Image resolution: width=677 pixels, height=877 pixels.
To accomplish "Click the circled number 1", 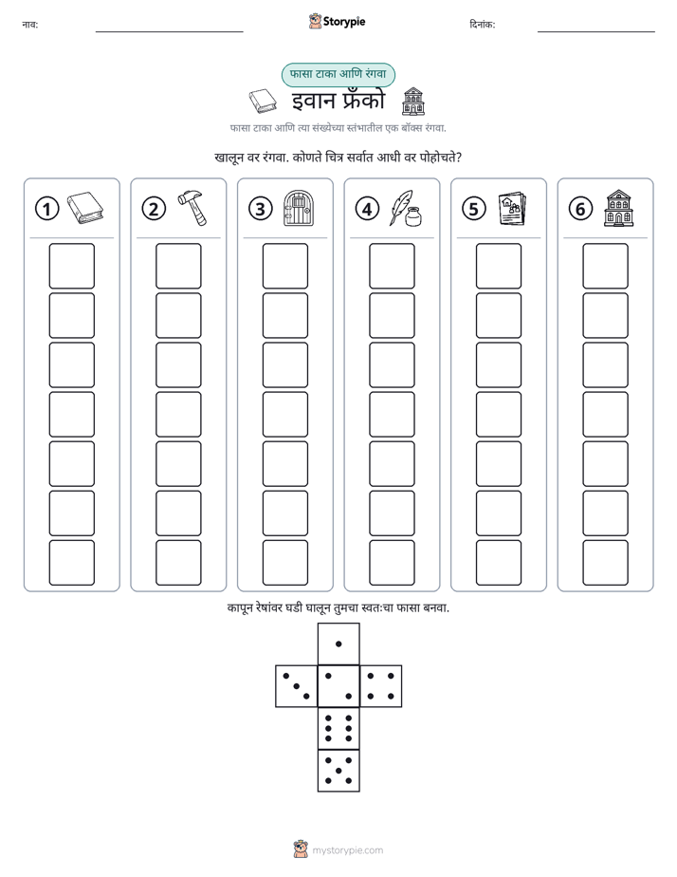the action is click(46, 209).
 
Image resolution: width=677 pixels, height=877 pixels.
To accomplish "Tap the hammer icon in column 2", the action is click(192, 208).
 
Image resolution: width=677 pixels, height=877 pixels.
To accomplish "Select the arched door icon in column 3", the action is click(299, 208).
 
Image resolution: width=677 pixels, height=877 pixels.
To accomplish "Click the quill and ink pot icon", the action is click(406, 208).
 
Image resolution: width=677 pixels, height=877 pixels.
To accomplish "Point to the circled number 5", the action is click(474, 209).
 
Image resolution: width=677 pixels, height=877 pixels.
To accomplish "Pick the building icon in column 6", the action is click(619, 208).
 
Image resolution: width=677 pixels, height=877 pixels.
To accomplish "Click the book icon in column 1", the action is click(85, 208).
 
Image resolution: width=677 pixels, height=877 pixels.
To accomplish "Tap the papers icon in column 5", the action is click(512, 209).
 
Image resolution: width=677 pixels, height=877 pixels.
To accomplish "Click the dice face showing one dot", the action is click(338, 644).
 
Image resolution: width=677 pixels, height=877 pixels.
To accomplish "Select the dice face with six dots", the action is click(338, 728).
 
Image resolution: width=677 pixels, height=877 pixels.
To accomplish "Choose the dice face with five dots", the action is click(338, 771).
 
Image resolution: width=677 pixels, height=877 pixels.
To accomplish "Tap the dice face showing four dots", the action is click(381, 686).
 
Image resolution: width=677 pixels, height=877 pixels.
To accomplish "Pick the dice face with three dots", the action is click(297, 686).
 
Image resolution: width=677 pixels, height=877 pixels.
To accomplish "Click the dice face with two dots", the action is click(338, 686).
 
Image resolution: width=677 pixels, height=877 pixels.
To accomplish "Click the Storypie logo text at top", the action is click(344, 22).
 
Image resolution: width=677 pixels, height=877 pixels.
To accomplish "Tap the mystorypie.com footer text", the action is click(347, 850).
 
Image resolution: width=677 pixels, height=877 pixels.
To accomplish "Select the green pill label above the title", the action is click(338, 74).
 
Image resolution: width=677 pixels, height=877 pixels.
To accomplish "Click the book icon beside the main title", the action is click(263, 102).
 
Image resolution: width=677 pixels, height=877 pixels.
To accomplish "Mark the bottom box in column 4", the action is click(392, 562).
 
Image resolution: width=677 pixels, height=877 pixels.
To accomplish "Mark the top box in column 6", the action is click(605, 266).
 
